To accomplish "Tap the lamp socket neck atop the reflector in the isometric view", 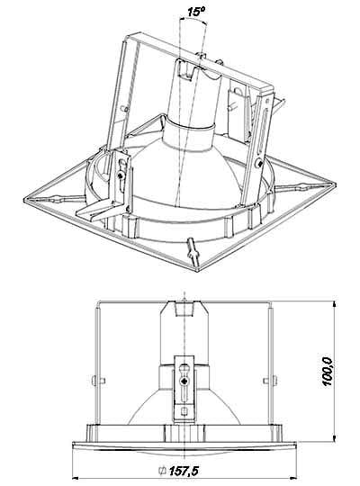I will coord(196,99).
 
